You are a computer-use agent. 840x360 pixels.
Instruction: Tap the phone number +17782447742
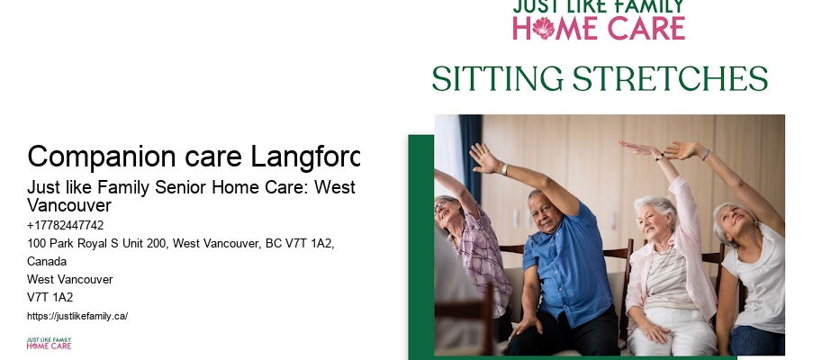pyautogui.click(x=65, y=225)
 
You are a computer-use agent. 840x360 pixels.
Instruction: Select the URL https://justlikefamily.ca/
pyautogui.click(x=77, y=316)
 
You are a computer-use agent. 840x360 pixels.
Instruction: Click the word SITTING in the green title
pyautogui.click(x=497, y=79)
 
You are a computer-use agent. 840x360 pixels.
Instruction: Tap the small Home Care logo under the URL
pyautogui.click(x=49, y=343)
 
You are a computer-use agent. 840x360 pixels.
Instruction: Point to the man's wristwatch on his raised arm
pyautogui.click(x=503, y=169)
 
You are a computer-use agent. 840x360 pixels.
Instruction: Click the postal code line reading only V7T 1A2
pyautogui.click(x=50, y=297)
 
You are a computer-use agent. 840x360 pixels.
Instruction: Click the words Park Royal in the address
pyautogui.click(x=77, y=244)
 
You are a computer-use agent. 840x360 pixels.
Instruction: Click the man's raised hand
pyautogui.click(x=482, y=156)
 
